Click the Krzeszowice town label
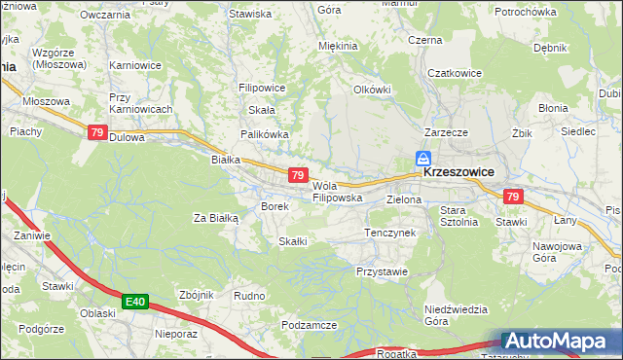[458, 171]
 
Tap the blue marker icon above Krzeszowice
[423, 159]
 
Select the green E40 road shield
[135, 304]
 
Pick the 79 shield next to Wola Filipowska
[299, 175]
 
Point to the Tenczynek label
[389, 234]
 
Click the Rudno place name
[250, 295]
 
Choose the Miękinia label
[339, 46]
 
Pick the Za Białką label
[216, 218]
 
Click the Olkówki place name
[371, 89]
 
